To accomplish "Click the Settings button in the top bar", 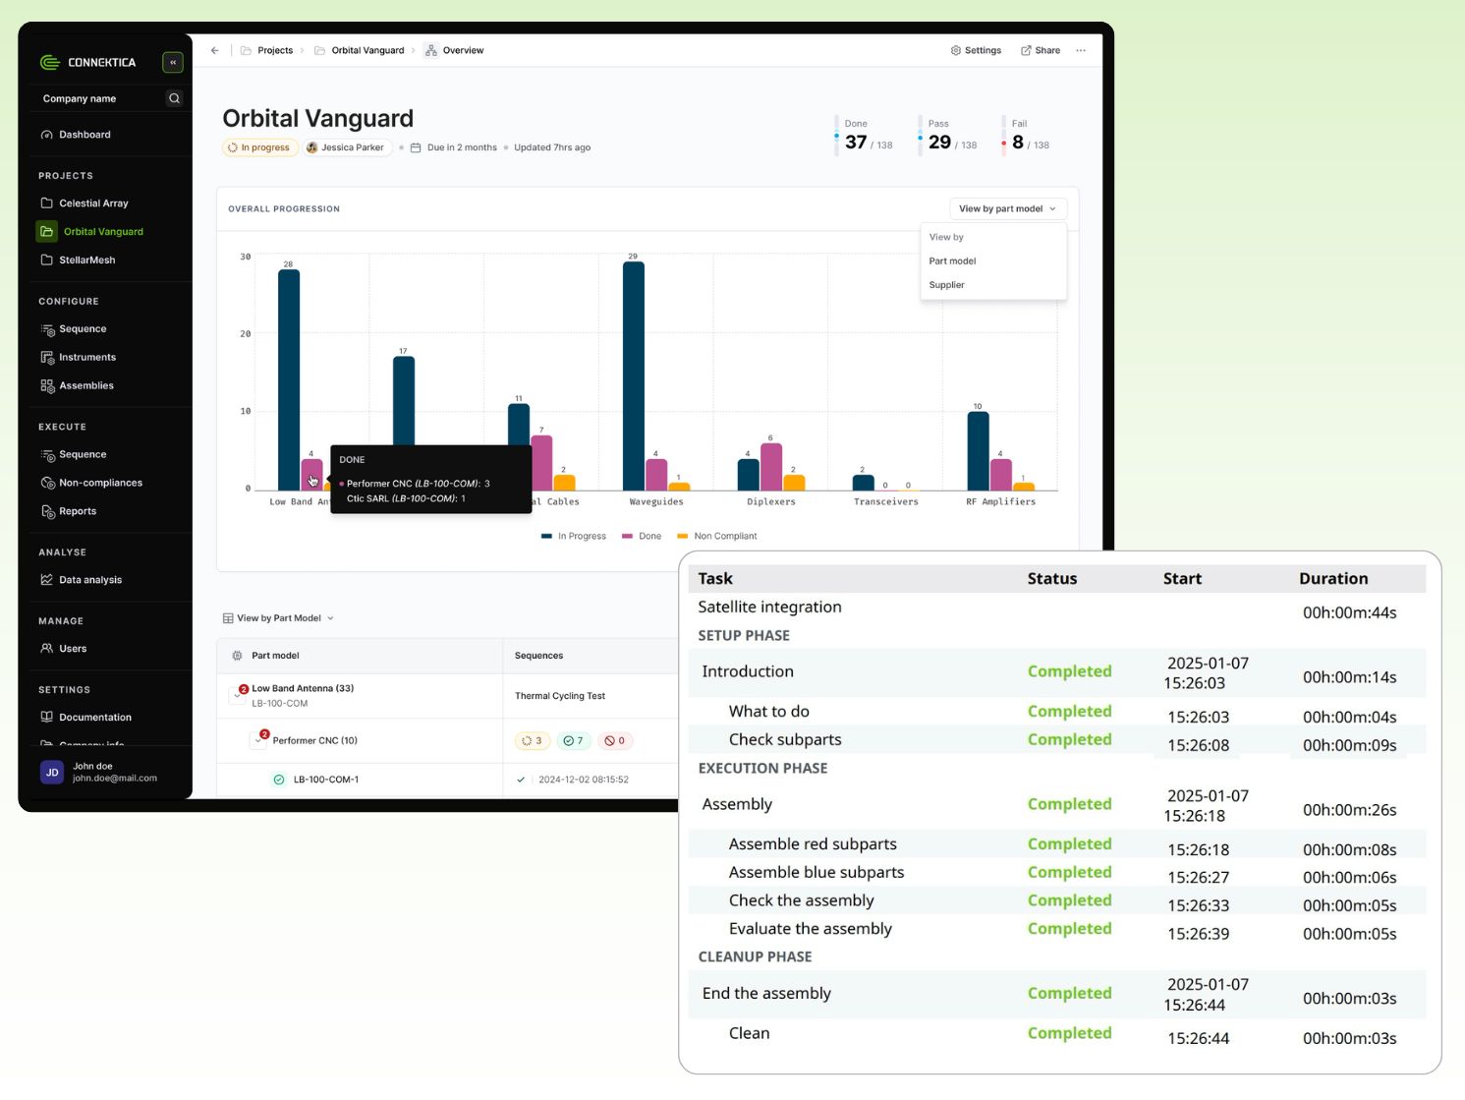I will (976, 50).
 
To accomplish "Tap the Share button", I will (1041, 50).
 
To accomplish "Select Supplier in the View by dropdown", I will (947, 285).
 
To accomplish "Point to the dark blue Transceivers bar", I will (863, 482).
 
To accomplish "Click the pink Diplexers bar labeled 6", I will (771, 467).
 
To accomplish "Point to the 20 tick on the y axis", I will (246, 334).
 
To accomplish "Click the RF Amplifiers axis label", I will (1000, 501).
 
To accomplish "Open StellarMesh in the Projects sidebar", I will (86, 260).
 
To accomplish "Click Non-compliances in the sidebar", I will (100, 483).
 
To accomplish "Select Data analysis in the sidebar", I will (90, 580).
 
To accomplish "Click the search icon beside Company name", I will (174, 98).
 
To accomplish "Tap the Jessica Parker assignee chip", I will (346, 147).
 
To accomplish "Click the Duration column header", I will (1332, 579).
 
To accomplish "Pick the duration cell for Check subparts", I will (1349, 745).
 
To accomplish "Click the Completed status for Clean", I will (1069, 1033).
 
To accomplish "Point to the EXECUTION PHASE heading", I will (762, 768).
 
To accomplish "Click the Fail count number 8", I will (1018, 142).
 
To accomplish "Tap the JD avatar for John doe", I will (52, 772).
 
